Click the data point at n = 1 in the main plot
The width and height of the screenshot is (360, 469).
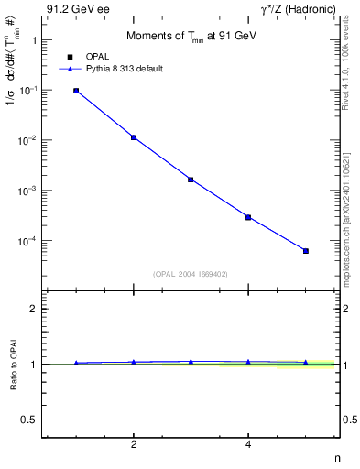click(x=76, y=91)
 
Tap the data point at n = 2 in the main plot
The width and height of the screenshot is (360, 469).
click(x=134, y=137)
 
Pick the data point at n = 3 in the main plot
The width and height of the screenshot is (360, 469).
click(x=191, y=180)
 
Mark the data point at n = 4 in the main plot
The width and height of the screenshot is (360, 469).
click(x=248, y=217)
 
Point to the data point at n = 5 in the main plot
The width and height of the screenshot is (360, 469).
click(x=306, y=251)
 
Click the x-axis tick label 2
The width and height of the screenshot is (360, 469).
click(x=134, y=445)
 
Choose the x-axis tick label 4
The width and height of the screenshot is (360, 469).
click(x=248, y=445)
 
